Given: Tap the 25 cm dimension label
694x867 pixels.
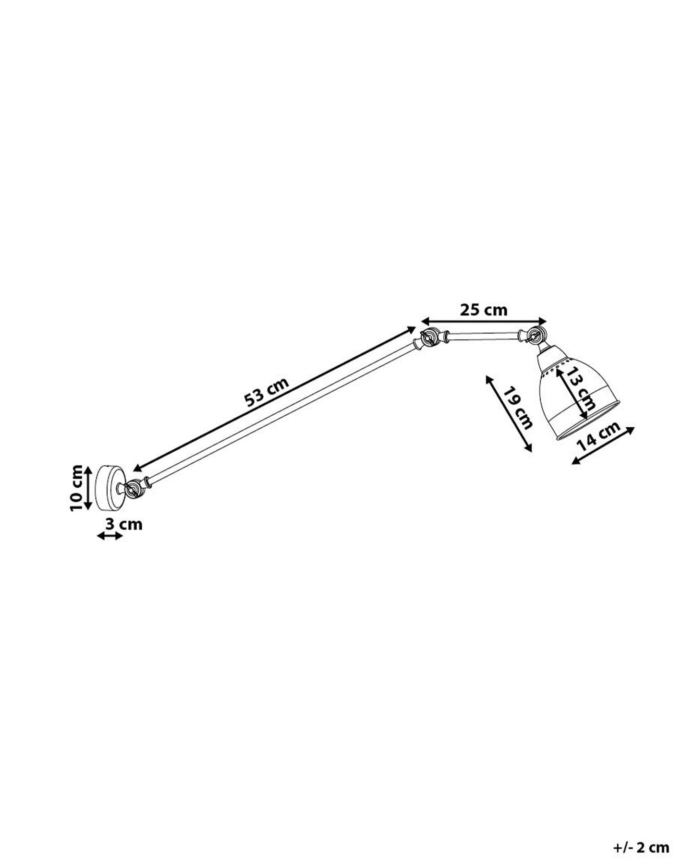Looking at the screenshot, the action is (484, 310).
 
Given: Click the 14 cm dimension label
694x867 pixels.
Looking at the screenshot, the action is (599, 436).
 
